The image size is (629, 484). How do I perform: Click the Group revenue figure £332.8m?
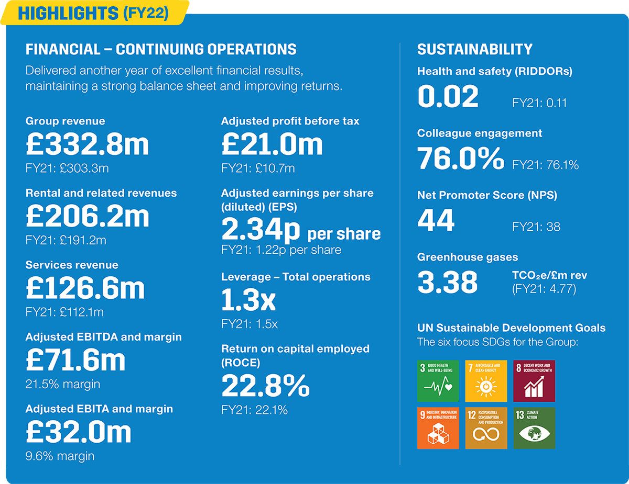[87, 144]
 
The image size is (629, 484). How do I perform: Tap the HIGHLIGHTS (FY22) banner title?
[93, 13]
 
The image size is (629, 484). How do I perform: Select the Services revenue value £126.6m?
[85, 288]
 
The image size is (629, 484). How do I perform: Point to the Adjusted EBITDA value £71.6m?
[75, 361]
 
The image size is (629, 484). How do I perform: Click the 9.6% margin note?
[60, 456]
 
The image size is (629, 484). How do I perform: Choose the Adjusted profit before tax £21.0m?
[272, 144]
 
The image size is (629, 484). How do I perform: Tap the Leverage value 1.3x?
[248, 300]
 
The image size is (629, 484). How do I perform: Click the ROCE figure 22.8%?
[265, 386]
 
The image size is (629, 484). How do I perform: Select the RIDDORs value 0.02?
[448, 97]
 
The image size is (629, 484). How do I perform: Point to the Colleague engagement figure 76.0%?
[460, 159]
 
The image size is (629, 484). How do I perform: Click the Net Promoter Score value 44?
[436, 221]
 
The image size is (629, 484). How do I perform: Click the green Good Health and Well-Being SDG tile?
[438, 381]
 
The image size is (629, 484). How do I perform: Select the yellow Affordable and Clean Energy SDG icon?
[486, 381]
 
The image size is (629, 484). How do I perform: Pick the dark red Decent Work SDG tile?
[534, 381]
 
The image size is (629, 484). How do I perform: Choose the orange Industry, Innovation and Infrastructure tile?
[438, 428]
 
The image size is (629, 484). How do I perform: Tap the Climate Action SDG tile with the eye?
[534, 428]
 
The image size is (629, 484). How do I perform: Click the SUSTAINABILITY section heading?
[474, 50]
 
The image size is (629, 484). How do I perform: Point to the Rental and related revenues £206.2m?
[87, 216]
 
